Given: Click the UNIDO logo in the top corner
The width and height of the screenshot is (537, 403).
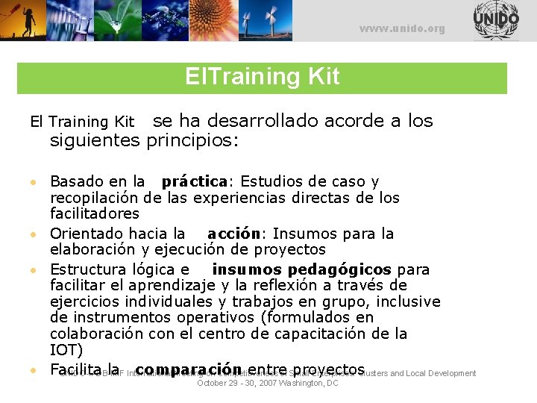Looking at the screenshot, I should point(495,20).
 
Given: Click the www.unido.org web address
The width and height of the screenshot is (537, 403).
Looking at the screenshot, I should point(402,29).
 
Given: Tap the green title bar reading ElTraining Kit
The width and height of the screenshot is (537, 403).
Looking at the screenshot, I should point(262,77).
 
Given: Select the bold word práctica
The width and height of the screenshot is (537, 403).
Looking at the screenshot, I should point(194,181).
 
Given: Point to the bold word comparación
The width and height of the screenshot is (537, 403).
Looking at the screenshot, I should point(189,369).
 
